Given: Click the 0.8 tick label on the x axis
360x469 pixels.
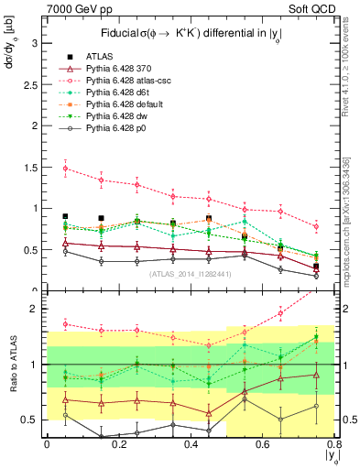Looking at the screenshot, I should [335, 446].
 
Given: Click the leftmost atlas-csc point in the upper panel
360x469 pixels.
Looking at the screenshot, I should [65, 169].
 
